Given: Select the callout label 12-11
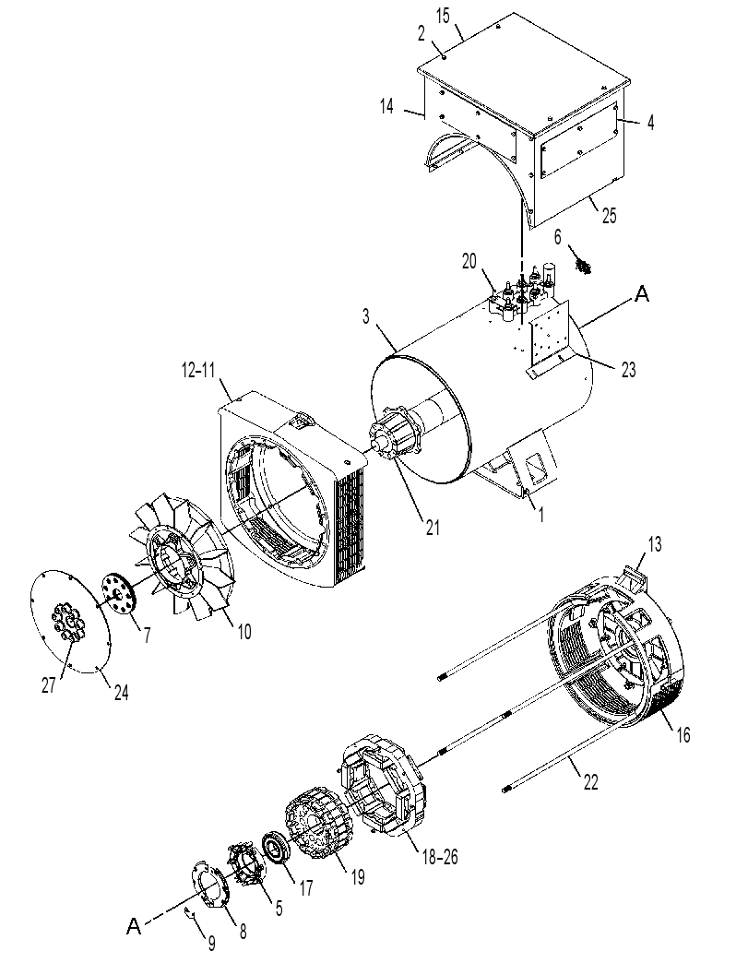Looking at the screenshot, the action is tap(198, 371).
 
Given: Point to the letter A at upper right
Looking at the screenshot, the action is tap(641, 295).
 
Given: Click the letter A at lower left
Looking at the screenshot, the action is tap(134, 927).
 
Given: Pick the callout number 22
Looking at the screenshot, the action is tap(591, 782).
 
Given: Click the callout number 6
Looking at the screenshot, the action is tap(558, 236).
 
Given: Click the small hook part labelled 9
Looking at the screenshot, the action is tap(192, 912).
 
